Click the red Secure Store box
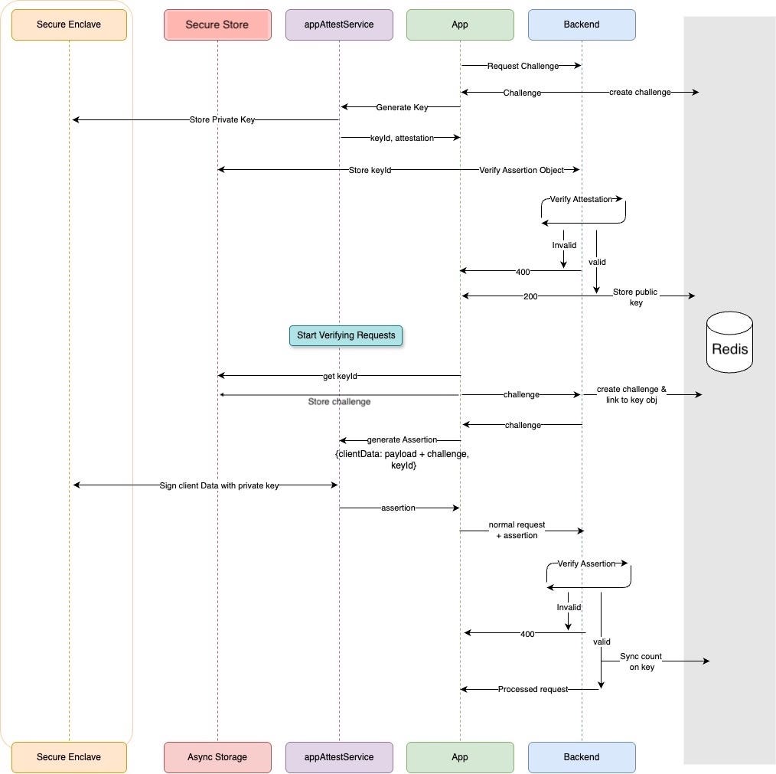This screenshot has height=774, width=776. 217,24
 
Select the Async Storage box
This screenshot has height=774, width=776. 217,757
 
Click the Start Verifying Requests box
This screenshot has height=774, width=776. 346,335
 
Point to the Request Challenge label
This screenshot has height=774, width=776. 523,66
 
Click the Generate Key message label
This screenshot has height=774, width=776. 402,107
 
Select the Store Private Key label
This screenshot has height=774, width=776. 222,119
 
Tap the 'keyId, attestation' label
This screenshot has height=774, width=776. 402,138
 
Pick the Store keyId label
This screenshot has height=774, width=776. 370,170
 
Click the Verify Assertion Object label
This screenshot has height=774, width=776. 521,170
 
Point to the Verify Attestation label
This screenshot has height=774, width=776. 581,199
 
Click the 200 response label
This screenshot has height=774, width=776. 530,296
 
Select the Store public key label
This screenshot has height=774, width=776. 635,297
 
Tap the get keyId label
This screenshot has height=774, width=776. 340,376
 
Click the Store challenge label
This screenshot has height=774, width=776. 339,401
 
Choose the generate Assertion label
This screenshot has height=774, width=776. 402,440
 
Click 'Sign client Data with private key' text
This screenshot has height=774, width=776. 219,485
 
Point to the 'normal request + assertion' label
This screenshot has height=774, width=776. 517,530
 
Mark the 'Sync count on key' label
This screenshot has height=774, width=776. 641,661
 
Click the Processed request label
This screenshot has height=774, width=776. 533,689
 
